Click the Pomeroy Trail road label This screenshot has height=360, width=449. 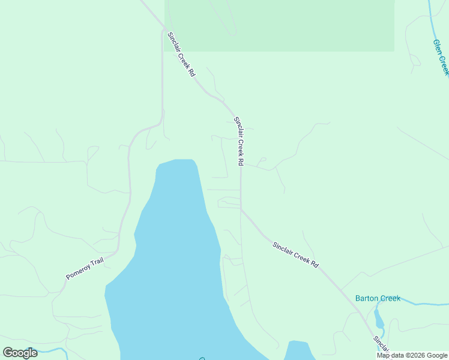(85, 268)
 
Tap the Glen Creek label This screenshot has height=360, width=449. (441, 57)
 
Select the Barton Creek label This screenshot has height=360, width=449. (378, 298)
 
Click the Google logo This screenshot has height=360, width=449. (20, 353)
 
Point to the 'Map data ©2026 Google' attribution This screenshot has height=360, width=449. (412, 355)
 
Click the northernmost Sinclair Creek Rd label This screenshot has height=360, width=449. (181, 53)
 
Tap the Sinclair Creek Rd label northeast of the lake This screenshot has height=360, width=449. (239, 141)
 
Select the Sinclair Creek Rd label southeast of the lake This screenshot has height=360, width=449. (295, 254)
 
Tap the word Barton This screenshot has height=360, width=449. (367, 298)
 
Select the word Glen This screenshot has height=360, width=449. (438, 46)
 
